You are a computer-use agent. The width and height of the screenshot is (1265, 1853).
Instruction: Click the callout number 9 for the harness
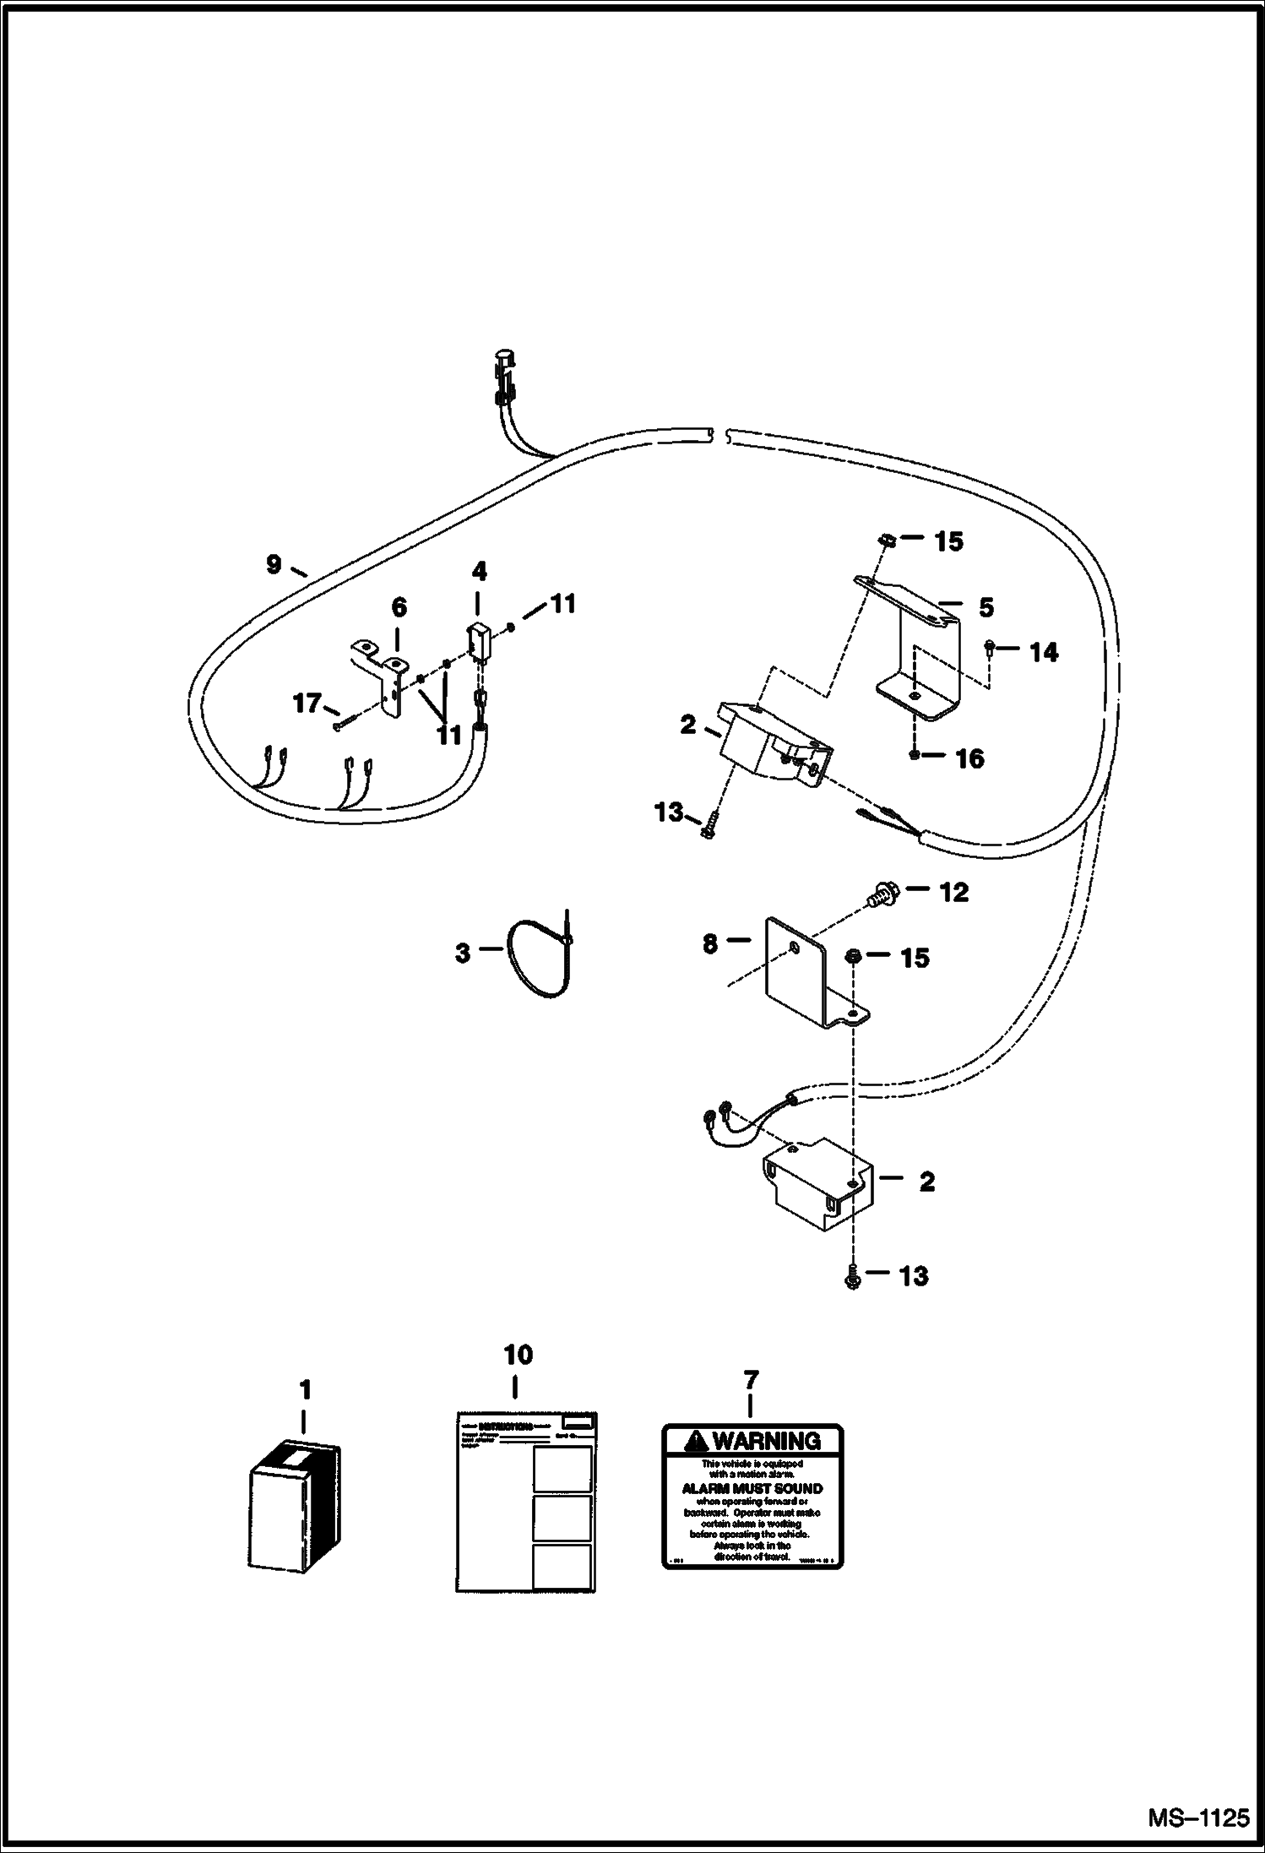(x=273, y=564)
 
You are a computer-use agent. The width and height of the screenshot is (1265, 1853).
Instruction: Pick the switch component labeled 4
(x=479, y=640)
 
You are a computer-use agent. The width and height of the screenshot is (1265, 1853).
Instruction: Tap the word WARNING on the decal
(x=767, y=1441)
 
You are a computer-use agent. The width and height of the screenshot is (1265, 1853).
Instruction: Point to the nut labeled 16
(x=915, y=754)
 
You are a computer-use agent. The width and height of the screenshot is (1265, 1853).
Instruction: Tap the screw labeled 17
(x=339, y=725)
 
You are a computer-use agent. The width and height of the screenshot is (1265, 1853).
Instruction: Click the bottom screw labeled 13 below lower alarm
(x=852, y=1301)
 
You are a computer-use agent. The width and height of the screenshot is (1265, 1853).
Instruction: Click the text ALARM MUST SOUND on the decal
(x=752, y=1488)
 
